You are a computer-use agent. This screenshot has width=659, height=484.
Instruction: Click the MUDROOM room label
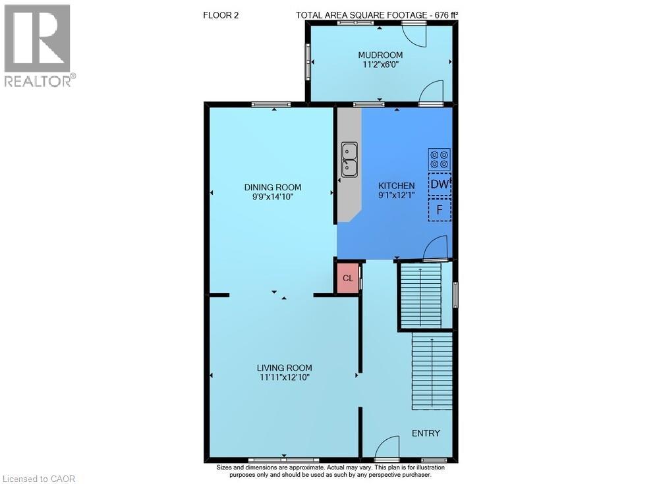pos(380,55)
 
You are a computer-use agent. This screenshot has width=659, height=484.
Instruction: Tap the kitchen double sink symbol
pos(349,159)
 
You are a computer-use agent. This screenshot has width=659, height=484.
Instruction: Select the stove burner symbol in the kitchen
pos(440,159)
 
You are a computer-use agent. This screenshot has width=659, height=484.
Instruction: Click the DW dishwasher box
pos(440,185)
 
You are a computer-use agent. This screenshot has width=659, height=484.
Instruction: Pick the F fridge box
pos(440,210)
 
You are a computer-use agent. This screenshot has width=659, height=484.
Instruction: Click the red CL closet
pos(348,278)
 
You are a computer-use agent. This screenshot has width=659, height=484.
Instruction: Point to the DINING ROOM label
pos(272,187)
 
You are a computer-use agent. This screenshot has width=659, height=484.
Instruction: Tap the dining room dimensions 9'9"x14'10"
pos(272,196)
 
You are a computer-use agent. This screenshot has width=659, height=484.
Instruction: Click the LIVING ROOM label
pos(284,367)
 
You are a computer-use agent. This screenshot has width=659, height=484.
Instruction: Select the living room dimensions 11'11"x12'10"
pos(284,377)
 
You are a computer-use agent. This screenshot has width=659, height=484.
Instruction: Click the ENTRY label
pos(426,433)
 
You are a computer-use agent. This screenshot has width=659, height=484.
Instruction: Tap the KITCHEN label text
pos(396,186)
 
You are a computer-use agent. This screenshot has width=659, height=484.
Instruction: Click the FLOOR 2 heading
pos(221,14)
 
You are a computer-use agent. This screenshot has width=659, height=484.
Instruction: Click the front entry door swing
pos(387,448)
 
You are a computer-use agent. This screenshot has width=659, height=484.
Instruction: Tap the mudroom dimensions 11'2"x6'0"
pos(380,65)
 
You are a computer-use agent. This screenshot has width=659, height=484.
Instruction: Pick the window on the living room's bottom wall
pos(284,460)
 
